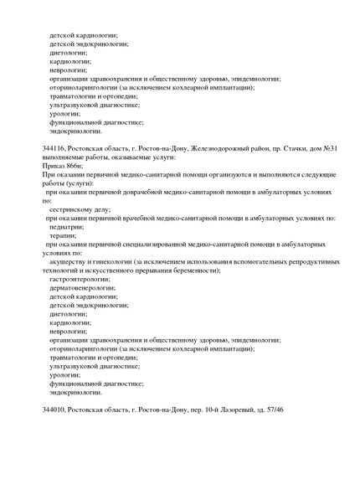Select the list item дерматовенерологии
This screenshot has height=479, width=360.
[82, 287]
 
